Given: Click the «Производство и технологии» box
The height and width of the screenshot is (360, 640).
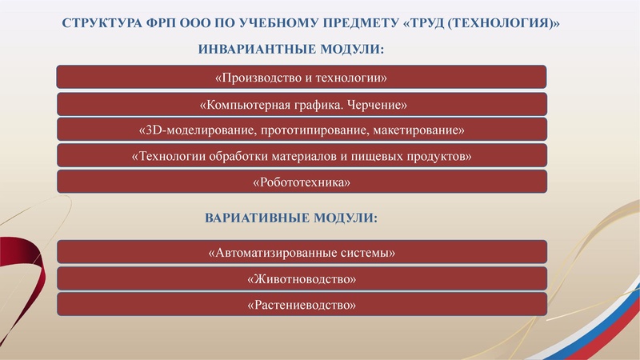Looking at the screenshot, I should point(302,78).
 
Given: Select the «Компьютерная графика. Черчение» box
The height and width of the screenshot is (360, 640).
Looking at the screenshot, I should point(302,104).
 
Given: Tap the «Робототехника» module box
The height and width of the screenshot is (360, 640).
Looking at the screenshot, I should point(302,182).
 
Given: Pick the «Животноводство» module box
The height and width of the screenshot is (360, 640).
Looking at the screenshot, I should point(302,279).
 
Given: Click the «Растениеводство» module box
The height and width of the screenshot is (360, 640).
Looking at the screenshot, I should point(302,305).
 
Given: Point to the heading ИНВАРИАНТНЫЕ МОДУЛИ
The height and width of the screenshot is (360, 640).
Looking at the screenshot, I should point(290,50).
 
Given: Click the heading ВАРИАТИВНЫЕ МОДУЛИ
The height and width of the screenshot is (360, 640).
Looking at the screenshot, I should point(290,218).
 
